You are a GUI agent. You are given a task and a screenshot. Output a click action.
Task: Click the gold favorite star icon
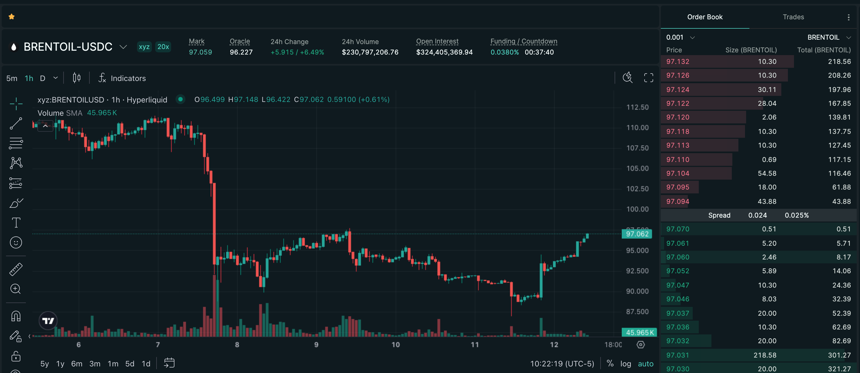(12, 17)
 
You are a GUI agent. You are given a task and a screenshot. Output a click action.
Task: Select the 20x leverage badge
(163, 47)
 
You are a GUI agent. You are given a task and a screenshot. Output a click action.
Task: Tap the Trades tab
(793, 17)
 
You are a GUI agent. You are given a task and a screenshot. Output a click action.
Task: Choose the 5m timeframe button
(12, 78)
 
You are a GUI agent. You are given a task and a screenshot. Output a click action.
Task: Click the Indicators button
(122, 78)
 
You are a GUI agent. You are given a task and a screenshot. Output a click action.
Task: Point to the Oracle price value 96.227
(241, 52)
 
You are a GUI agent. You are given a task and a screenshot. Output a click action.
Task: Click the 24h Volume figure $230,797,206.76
(370, 52)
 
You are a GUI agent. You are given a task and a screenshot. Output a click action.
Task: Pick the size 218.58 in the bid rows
(765, 355)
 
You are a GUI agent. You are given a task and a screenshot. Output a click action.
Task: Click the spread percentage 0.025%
(796, 215)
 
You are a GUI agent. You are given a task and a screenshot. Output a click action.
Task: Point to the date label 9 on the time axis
(316, 345)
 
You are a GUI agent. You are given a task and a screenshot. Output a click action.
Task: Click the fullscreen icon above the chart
(648, 78)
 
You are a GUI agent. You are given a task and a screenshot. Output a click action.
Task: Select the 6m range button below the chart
(76, 364)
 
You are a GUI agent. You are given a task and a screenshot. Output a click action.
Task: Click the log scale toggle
(625, 364)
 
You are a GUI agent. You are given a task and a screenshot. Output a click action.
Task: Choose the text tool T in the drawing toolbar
(16, 223)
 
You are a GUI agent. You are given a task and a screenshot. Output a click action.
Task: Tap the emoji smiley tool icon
(16, 242)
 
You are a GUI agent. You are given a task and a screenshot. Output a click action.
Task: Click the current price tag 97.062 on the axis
(637, 234)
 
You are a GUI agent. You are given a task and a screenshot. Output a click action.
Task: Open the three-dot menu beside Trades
(848, 17)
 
